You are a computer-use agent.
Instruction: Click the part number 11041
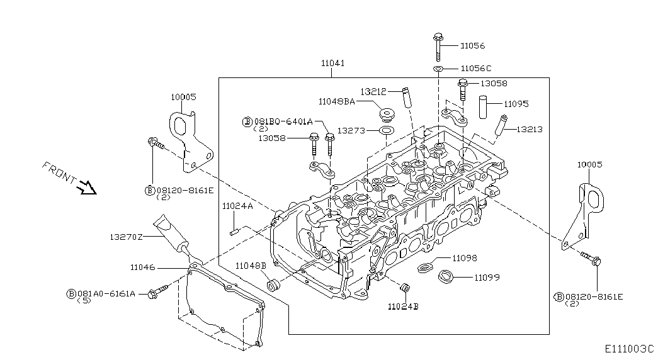(x=332, y=64)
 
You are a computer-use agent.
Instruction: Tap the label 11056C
(x=476, y=69)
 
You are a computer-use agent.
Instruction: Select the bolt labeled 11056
(x=438, y=46)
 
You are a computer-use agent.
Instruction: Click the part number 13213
(x=529, y=130)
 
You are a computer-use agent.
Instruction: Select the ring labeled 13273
(x=386, y=131)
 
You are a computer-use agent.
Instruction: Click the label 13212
(x=373, y=91)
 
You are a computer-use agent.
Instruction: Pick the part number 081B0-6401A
(x=283, y=121)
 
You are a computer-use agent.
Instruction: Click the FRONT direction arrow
(x=88, y=188)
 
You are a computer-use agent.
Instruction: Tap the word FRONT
(x=59, y=173)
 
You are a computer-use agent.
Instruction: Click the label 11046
(x=143, y=267)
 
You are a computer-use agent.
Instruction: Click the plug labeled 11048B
(x=274, y=284)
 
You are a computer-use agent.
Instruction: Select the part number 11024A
(x=237, y=206)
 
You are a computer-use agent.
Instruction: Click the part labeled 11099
(x=446, y=277)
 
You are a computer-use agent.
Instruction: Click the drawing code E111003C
(x=629, y=349)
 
